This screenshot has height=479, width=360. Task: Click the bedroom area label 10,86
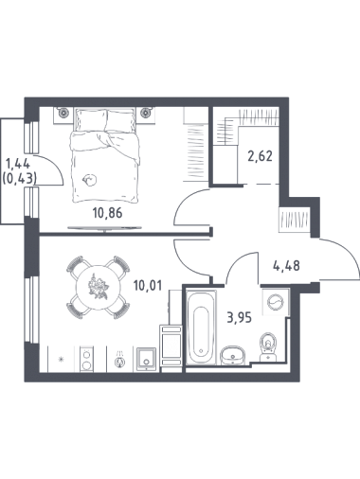pyautogui.click(x=107, y=213)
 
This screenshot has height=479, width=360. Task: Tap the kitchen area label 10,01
pyautogui.click(x=148, y=286)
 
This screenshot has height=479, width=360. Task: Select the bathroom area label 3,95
pyautogui.click(x=240, y=318)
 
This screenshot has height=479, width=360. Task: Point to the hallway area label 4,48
pyautogui.click(x=286, y=266)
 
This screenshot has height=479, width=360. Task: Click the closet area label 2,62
pyautogui.click(x=260, y=156)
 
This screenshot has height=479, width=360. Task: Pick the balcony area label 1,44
pyautogui.click(x=18, y=164)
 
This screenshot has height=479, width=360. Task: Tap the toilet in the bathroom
pyautogui.click(x=268, y=346)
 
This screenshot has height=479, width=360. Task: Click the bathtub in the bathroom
pyautogui.click(x=201, y=328)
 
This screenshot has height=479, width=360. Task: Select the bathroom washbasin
pyautogui.click(x=233, y=355)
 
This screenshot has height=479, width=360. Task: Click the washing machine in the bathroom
pyautogui.click(x=276, y=302)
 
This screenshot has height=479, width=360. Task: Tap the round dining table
pyautogui.click(x=99, y=287)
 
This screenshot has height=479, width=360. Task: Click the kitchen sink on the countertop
pyautogui.click(x=146, y=359)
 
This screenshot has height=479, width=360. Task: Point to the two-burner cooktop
pyautogui.click(x=86, y=359)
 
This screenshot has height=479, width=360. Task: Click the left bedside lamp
pyautogui.click(x=63, y=112)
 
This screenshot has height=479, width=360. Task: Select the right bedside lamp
pyautogui.click(x=146, y=112)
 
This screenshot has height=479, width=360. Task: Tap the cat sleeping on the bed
pyautogui.click(x=89, y=180)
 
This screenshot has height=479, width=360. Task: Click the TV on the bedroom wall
pyautogui.click(x=104, y=228)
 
